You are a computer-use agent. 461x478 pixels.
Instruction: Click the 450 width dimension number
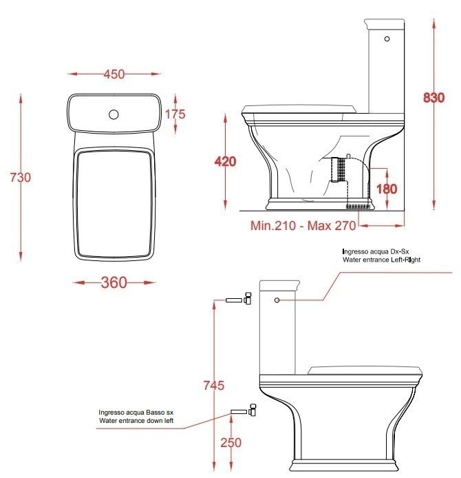click(x=114, y=74)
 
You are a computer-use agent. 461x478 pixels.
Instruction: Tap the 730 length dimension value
click(x=21, y=177)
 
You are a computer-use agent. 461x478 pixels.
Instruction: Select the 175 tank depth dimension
click(x=175, y=114)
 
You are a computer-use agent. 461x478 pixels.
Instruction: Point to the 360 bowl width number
click(x=114, y=282)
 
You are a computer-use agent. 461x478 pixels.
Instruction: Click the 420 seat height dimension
click(x=225, y=161)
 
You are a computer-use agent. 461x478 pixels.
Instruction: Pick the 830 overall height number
click(x=434, y=98)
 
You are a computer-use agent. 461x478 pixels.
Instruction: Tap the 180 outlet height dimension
click(x=387, y=189)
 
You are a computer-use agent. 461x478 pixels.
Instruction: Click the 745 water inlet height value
click(x=214, y=385)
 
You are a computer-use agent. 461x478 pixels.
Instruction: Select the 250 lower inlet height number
click(x=231, y=443)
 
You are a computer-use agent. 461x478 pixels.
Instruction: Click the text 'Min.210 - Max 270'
click(x=303, y=226)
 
